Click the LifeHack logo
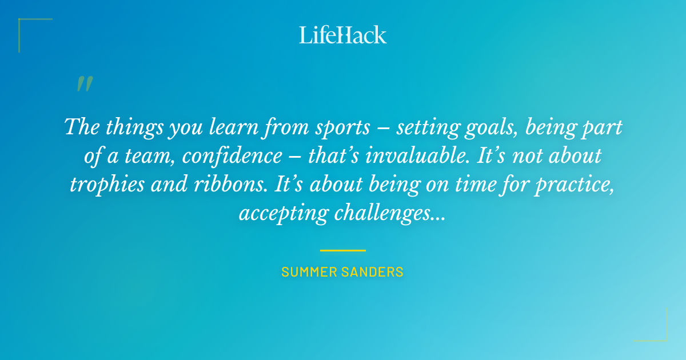pyautogui.click(x=343, y=35)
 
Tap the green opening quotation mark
pyautogui.click(x=84, y=85)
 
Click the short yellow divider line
pyautogui.click(x=343, y=250)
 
